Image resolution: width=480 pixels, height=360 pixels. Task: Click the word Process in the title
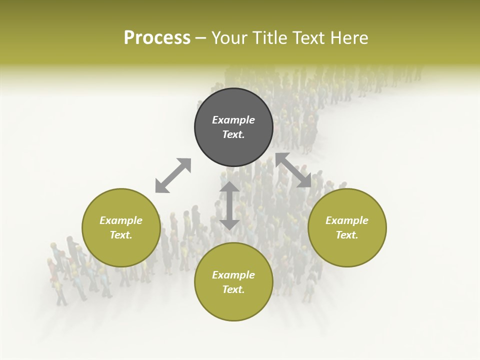click(157, 38)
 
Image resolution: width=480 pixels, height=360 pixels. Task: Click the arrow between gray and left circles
click(173, 175)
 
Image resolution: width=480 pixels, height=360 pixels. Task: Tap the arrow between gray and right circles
click(293, 170)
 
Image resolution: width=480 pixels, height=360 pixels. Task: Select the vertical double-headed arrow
click(229, 205)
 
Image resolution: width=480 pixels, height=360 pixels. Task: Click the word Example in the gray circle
click(233, 120)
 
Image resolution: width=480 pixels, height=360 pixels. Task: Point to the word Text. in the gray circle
click(233, 134)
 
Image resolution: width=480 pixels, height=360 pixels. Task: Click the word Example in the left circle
click(121, 220)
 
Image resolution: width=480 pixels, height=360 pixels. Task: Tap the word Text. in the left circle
click(121, 235)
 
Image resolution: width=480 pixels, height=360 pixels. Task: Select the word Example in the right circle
click(347, 220)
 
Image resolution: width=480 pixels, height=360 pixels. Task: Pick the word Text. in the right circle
click(347, 235)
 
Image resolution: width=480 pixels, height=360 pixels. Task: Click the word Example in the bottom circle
click(233, 275)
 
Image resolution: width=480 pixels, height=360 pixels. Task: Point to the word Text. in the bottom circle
click(233, 289)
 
